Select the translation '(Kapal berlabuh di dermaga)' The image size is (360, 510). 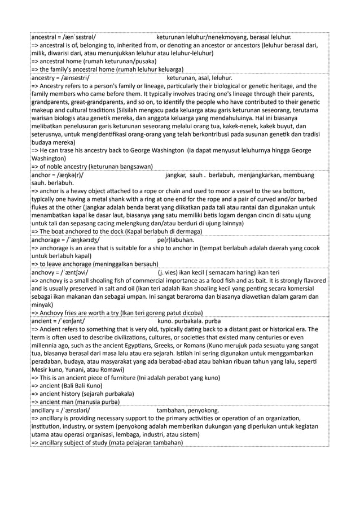coord(153,232)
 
